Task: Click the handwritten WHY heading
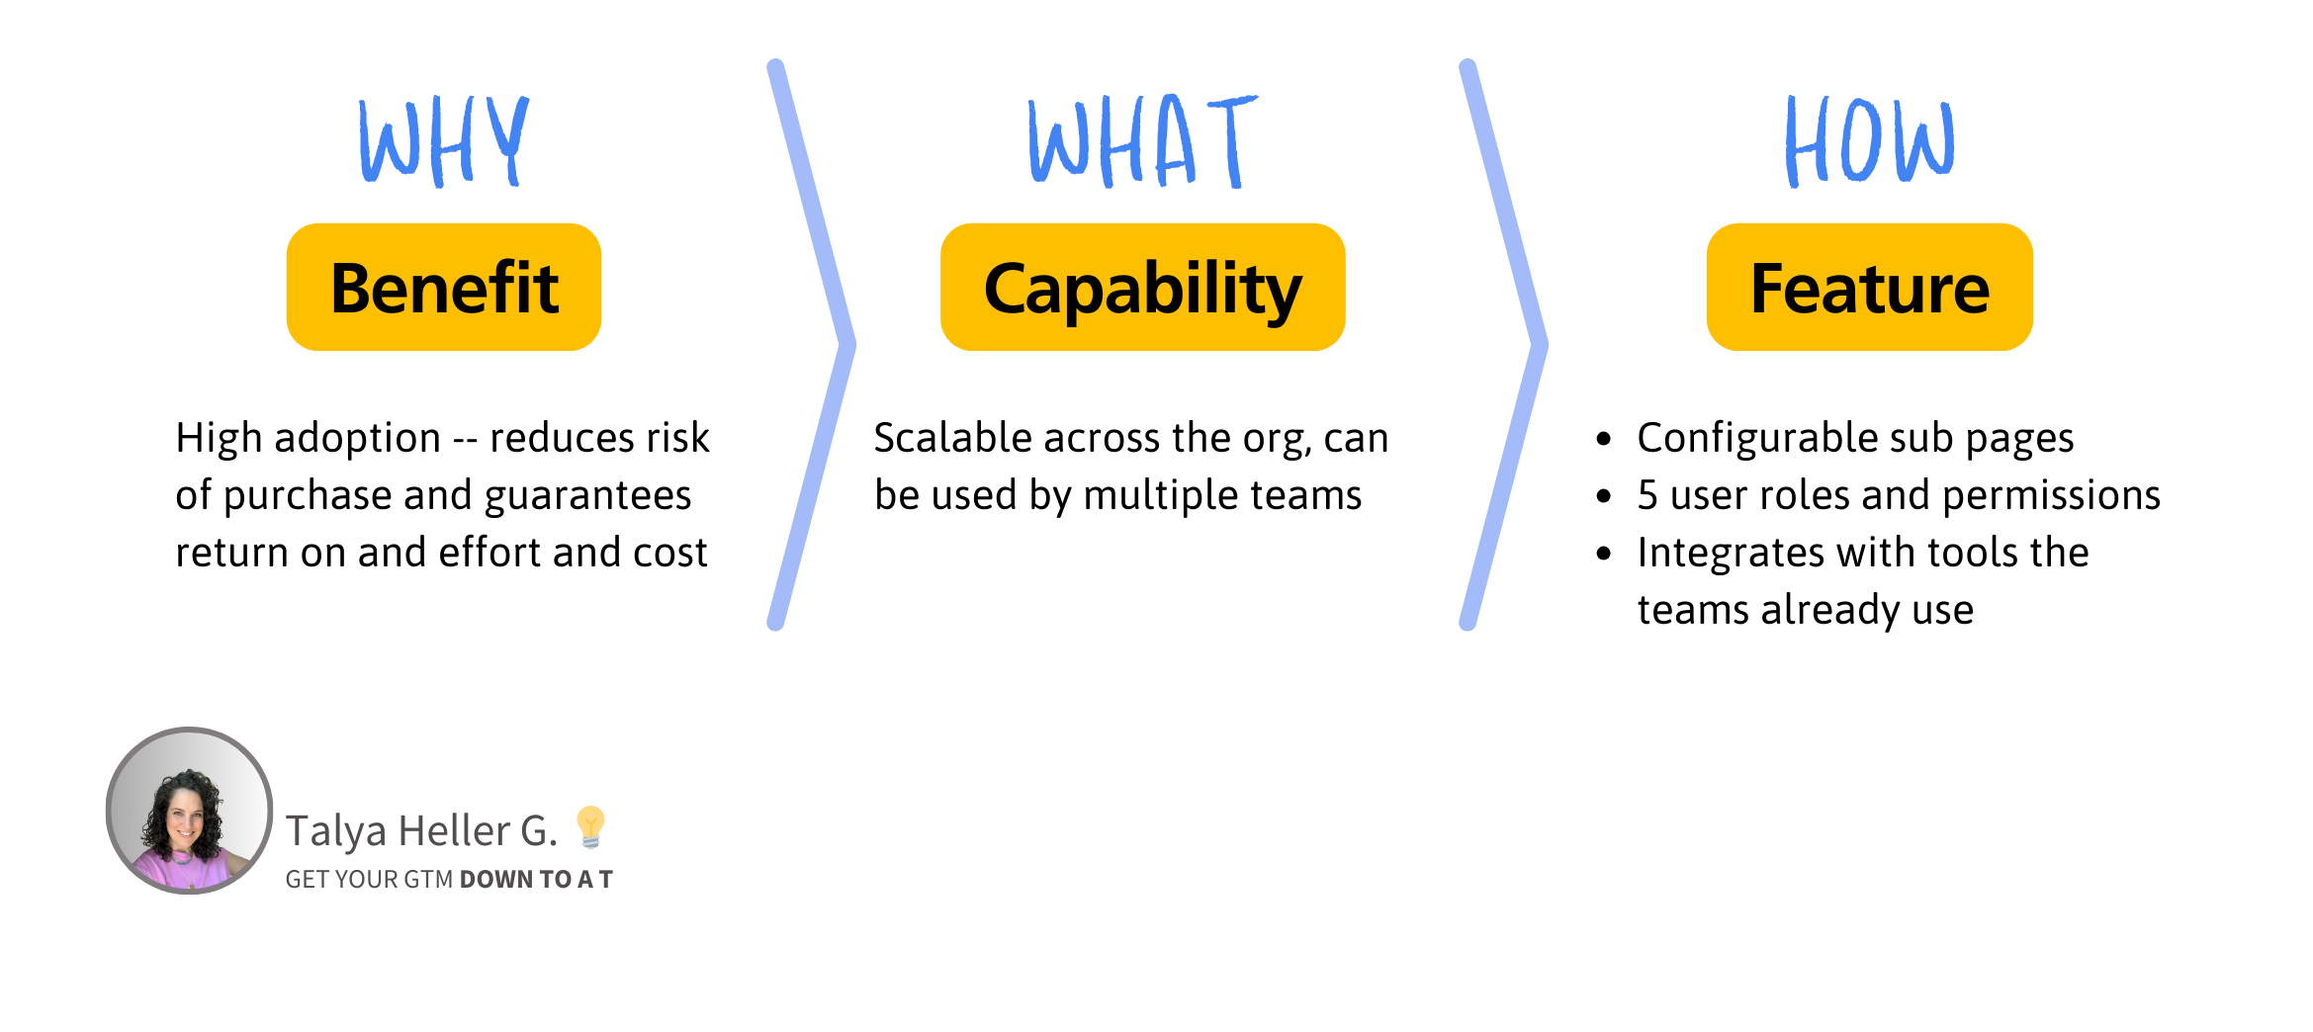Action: (x=444, y=141)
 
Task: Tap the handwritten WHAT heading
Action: (x=1141, y=141)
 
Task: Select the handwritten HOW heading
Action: (x=1869, y=141)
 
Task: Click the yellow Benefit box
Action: (x=444, y=288)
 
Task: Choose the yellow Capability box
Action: (x=1142, y=288)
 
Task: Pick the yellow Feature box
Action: (x=1869, y=288)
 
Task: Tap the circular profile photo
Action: (x=189, y=811)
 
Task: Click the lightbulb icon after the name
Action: (x=590, y=826)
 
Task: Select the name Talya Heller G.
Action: (x=421, y=831)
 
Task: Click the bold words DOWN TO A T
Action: (x=536, y=880)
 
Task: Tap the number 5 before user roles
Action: (x=1647, y=495)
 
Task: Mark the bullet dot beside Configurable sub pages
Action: (x=1604, y=439)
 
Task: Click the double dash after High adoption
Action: (x=465, y=439)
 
